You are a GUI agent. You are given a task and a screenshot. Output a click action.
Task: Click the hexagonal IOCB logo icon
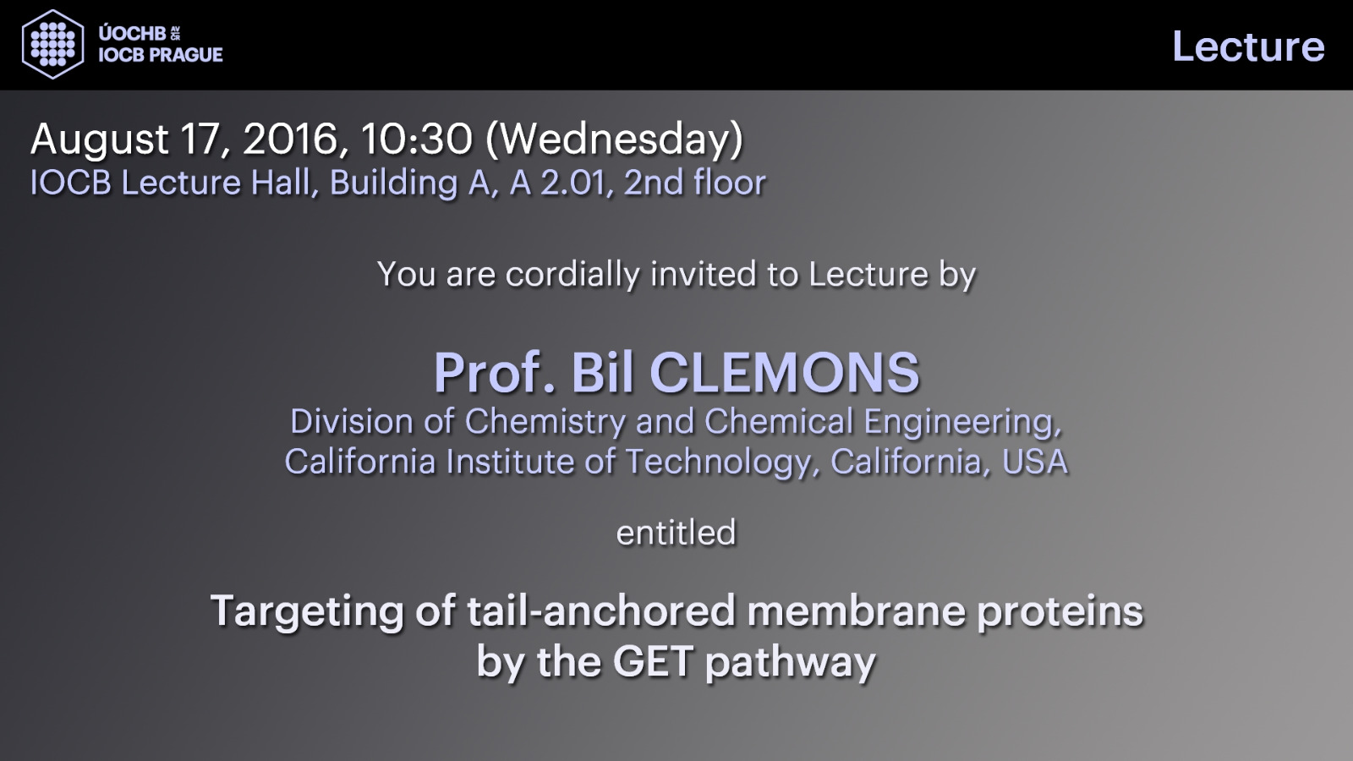(x=52, y=44)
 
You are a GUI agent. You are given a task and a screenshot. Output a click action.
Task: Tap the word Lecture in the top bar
(x=1248, y=47)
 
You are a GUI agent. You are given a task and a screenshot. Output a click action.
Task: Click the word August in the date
(x=100, y=140)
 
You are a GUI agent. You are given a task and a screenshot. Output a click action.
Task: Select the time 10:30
(x=416, y=139)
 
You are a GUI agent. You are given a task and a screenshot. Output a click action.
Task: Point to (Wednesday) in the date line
(x=614, y=140)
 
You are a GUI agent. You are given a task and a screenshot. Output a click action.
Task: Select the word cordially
(x=572, y=275)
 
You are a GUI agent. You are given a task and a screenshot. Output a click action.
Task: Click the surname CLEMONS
(x=784, y=373)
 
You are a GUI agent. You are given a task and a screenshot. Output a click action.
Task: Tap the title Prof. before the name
(x=494, y=373)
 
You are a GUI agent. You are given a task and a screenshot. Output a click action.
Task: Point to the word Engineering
(x=962, y=422)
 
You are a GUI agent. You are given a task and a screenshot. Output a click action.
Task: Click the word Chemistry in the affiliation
(x=545, y=422)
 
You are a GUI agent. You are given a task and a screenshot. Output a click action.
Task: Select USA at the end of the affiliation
(x=1035, y=462)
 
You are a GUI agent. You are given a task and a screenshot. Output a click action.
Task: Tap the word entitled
(x=676, y=532)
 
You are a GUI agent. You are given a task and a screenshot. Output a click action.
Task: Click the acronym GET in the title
(x=652, y=661)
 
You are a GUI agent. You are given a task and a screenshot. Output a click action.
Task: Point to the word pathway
(x=790, y=664)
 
